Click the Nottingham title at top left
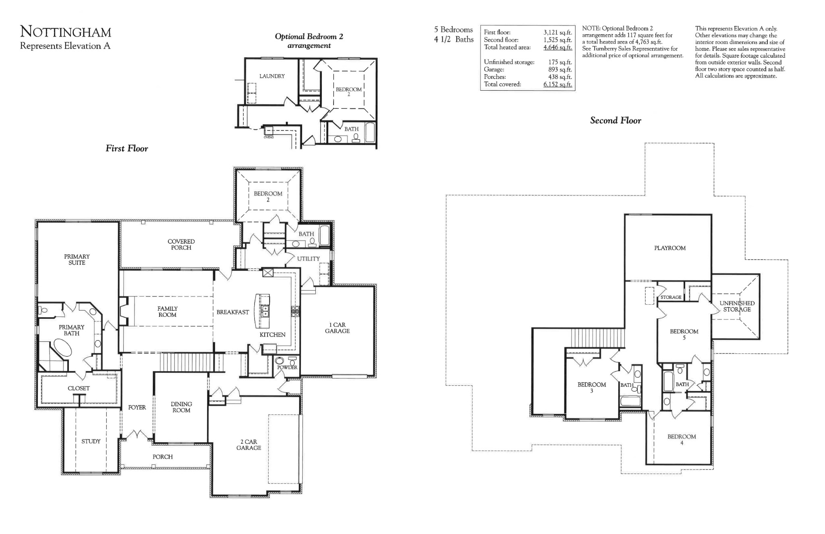pyautogui.click(x=66, y=32)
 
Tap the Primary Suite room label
pyautogui.click(x=77, y=260)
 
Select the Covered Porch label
pyautogui.click(x=181, y=245)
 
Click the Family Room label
pyautogui.click(x=167, y=312)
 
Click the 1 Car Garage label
pyautogui.click(x=337, y=328)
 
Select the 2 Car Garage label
pyautogui.click(x=249, y=445)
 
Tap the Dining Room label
pyautogui.click(x=181, y=407)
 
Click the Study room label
pyautogui.click(x=91, y=441)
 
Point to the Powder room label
pyautogui.click(x=287, y=367)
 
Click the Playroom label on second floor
pyautogui.click(x=670, y=248)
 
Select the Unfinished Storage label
pyautogui.click(x=737, y=306)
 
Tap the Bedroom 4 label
pyautogui.click(x=681, y=439)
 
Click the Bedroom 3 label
pyautogui.click(x=591, y=387)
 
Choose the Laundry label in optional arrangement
pyautogui.click(x=272, y=76)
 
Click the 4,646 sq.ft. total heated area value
pyautogui.click(x=558, y=48)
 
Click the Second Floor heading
pyautogui.click(x=615, y=121)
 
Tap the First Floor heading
pyautogui.click(x=126, y=149)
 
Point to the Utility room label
pyautogui.click(x=308, y=259)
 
